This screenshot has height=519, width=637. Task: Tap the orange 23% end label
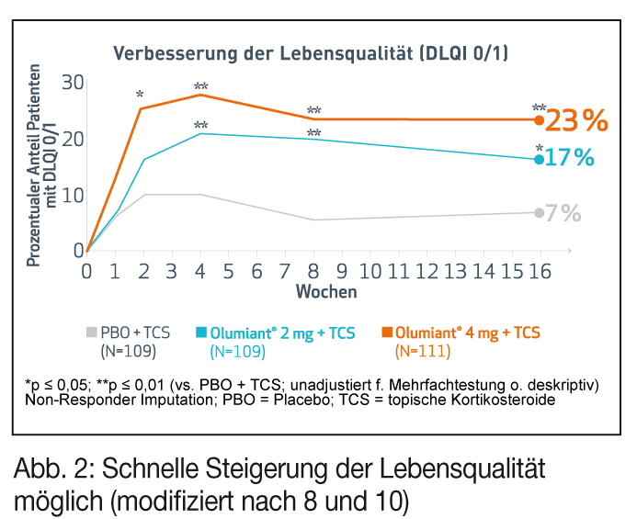click(x=576, y=120)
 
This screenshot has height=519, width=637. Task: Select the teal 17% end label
click(x=570, y=158)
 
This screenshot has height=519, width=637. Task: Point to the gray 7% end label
click(x=563, y=213)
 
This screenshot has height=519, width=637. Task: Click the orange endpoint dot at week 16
click(x=539, y=120)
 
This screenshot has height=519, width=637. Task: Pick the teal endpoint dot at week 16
click(x=539, y=160)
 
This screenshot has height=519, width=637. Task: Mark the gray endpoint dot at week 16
click(x=539, y=213)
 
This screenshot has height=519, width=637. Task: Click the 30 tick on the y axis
click(x=73, y=83)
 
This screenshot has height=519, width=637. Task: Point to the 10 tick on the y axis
click(x=73, y=196)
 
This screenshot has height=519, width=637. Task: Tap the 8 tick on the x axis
click(x=313, y=272)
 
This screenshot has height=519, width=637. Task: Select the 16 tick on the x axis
click(x=540, y=272)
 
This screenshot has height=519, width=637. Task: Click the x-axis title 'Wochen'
click(x=326, y=292)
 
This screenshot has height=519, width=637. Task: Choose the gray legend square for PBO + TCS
click(x=91, y=332)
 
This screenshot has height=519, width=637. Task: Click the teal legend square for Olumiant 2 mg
click(x=201, y=332)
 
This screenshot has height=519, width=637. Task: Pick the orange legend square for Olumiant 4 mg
click(x=387, y=332)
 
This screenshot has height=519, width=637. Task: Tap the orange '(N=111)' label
click(x=423, y=351)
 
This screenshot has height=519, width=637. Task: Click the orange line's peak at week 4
click(x=200, y=95)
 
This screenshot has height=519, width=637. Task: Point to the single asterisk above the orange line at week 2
click(x=140, y=96)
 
